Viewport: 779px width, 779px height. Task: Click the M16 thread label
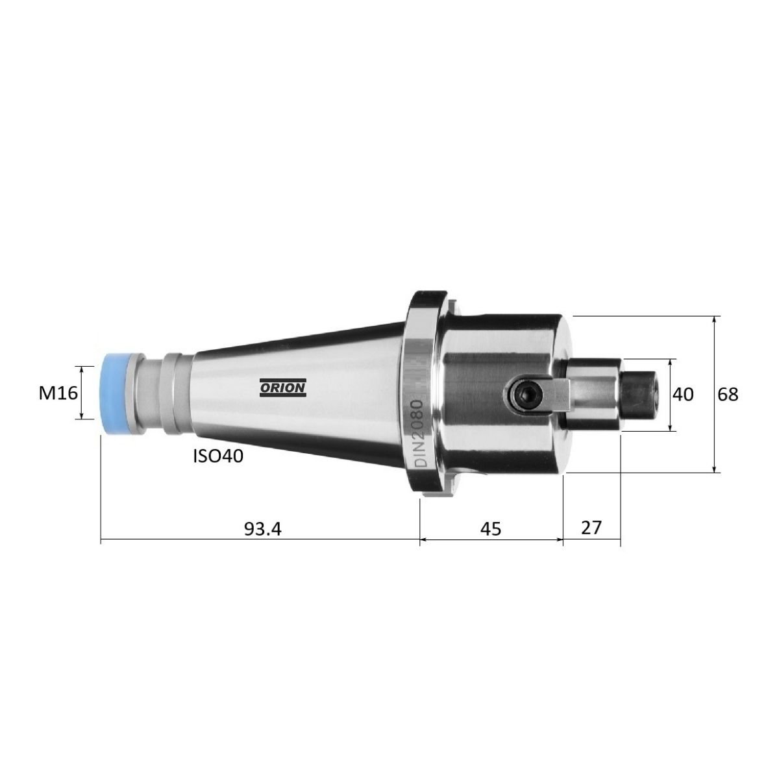tap(58, 393)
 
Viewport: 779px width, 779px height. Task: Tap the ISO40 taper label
tap(218, 456)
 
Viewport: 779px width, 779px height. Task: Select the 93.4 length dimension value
tap(262, 529)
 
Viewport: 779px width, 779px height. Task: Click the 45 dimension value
tap(491, 529)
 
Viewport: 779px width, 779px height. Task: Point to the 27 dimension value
tap(591, 527)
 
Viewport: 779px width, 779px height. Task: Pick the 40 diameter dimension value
tap(683, 394)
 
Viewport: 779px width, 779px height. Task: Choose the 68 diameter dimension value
tap(728, 394)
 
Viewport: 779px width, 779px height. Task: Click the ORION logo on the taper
tap(283, 388)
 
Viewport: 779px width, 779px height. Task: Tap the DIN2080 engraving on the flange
tap(419, 434)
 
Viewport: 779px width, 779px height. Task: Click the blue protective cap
tap(115, 395)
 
